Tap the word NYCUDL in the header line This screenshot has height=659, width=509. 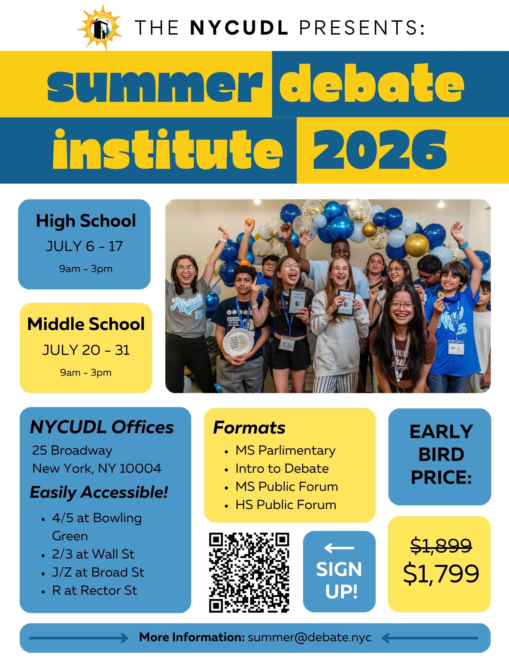click(x=240, y=27)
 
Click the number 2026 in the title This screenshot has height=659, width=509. click(x=380, y=150)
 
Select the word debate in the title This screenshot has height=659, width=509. click(x=372, y=83)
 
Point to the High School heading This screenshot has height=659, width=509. click(x=86, y=221)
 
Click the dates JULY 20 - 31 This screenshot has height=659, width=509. click(x=86, y=350)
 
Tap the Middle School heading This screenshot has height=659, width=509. click(x=86, y=324)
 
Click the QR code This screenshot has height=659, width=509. click(x=249, y=573)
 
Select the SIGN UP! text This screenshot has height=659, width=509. click(x=339, y=580)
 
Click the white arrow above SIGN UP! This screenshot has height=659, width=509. click(x=339, y=548)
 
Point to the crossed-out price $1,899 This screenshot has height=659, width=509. click(x=441, y=545)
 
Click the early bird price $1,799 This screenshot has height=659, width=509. click(x=441, y=574)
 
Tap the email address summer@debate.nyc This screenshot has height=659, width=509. click(x=310, y=637)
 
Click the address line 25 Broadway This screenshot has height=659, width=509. click(x=72, y=450)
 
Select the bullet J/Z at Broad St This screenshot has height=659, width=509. click(x=98, y=572)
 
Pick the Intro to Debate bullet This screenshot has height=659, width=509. click(x=282, y=468)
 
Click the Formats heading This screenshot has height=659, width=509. click(x=249, y=428)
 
